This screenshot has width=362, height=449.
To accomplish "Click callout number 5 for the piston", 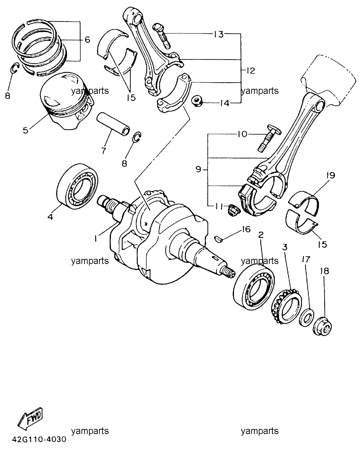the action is click(25, 130).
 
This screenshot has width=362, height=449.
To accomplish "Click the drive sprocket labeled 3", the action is click(287, 306).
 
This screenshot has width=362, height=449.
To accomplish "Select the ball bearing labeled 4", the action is click(77, 186).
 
